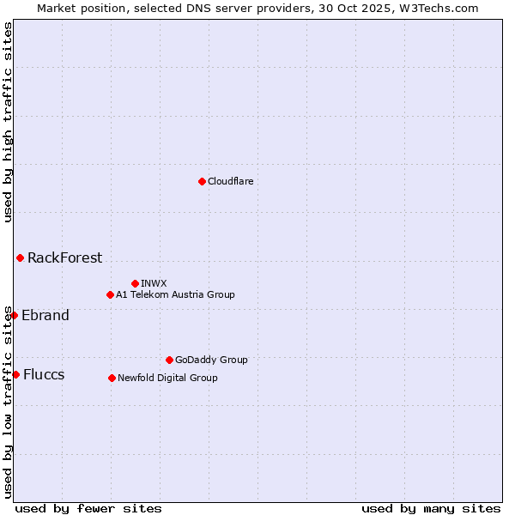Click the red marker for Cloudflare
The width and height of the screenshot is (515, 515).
click(x=202, y=181)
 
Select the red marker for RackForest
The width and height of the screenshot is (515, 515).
click(x=20, y=257)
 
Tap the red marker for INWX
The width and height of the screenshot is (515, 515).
click(x=135, y=283)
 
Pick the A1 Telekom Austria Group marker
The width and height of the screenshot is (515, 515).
click(x=110, y=294)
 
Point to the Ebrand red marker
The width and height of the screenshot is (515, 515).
click(x=14, y=315)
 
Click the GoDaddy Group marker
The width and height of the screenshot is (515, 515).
click(x=169, y=360)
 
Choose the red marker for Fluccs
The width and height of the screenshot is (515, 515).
click(x=15, y=374)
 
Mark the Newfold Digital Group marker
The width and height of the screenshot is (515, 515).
click(x=112, y=378)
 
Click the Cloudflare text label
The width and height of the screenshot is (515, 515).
click(x=230, y=181)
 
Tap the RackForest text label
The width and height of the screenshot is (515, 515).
click(x=64, y=257)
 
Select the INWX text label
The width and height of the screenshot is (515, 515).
click(x=154, y=283)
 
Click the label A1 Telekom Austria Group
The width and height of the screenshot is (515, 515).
click(x=175, y=294)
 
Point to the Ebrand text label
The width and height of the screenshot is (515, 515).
click(x=45, y=315)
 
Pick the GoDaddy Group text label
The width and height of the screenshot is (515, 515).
click(x=211, y=360)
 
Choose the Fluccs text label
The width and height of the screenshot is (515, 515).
click(x=44, y=374)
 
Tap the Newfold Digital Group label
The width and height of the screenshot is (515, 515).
click(x=167, y=378)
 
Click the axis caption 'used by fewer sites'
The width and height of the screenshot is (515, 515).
click(x=88, y=508)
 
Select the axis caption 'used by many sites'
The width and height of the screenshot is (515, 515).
click(x=431, y=508)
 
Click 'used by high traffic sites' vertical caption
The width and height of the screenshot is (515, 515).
click(x=8, y=122)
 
